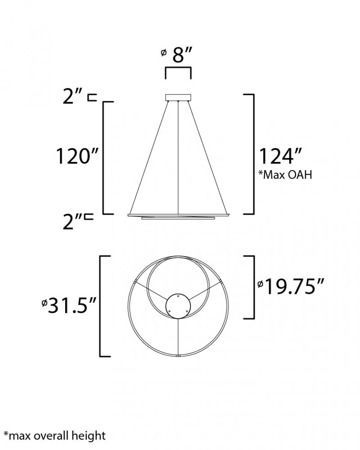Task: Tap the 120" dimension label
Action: pos(77,157)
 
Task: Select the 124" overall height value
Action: pos(280,157)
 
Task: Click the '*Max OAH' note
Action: pos(285,175)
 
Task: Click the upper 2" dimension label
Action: pos(72,97)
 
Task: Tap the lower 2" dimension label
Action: pos(72,221)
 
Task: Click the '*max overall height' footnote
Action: pos(54,436)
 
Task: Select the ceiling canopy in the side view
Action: pos(178,98)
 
